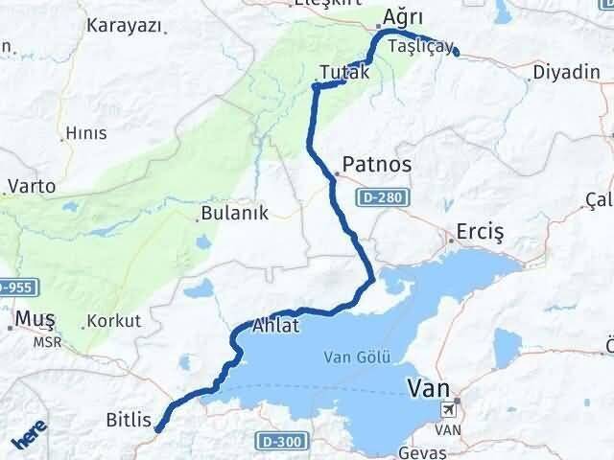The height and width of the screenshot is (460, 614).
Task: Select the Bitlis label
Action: pyautogui.click(x=128, y=419)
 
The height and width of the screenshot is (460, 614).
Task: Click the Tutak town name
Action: pyautogui.click(x=343, y=73)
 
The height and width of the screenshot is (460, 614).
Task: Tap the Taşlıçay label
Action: pyautogui.click(x=417, y=47)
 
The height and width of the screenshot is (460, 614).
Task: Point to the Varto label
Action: pyautogui.click(x=31, y=186)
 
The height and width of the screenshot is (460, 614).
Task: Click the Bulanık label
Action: pyautogui.click(x=234, y=214)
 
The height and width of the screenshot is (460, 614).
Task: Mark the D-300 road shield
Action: pyautogui.click(x=276, y=440)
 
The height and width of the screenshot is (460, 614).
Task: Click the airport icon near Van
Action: pyautogui.click(x=448, y=410)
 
